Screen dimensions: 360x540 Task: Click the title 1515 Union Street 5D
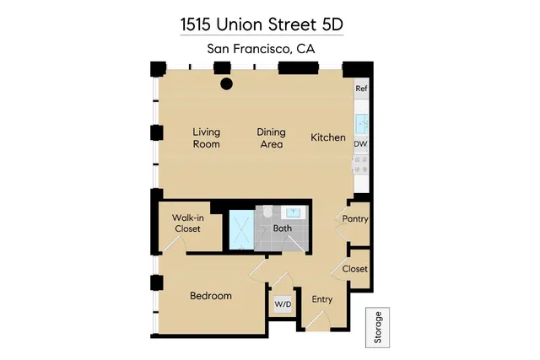(x=262, y=24)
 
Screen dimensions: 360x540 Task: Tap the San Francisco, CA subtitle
(x=262, y=49)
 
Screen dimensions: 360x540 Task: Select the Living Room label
(x=206, y=138)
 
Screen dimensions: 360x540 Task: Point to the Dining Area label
(x=271, y=138)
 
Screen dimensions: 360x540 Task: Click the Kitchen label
(x=327, y=137)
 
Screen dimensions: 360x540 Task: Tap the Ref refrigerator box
(x=361, y=89)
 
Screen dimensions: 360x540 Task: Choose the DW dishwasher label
(x=361, y=144)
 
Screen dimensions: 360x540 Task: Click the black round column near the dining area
(x=226, y=83)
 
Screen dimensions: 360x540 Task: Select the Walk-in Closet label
(x=187, y=223)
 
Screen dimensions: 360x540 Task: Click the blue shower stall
(x=240, y=228)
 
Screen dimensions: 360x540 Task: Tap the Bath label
(x=282, y=228)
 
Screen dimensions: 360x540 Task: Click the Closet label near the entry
(x=355, y=269)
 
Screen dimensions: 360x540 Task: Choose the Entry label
(x=321, y=299)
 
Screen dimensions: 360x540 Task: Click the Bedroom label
(x=210, y=296)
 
